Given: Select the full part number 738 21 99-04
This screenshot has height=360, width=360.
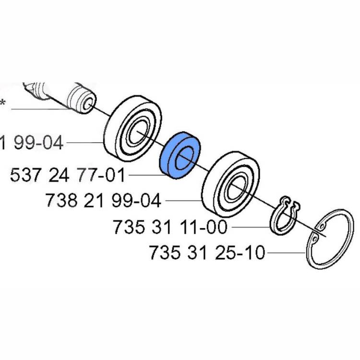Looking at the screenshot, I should click(x=103, y=200).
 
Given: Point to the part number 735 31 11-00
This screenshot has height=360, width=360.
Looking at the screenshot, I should click(x=170, y=227).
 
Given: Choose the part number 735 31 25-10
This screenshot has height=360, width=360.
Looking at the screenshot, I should click(x=207, y=252).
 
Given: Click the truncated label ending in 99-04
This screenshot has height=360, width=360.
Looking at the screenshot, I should click(x=31, y=143).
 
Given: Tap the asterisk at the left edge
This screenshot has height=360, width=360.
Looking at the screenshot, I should click(x=3, y=103).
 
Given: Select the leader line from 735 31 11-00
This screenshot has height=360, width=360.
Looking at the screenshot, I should click(x=250, y=227).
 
